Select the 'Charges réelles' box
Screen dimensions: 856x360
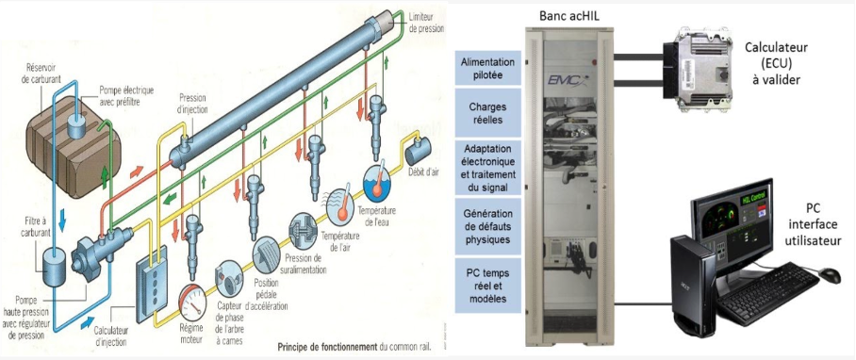coord(487,112)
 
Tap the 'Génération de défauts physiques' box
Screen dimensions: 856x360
coord(487,226)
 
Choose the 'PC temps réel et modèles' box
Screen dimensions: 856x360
coord(487,286)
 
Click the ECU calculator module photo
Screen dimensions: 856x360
coord(701,70)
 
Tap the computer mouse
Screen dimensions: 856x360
coord(830,275)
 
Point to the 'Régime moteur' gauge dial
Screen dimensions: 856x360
coord(192,302)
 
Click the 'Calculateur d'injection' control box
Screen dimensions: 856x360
coord(151,286)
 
